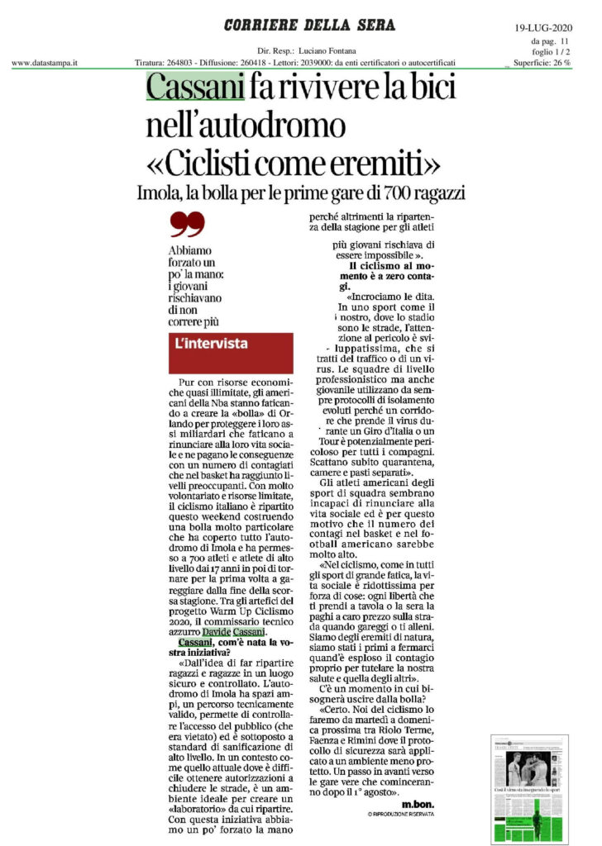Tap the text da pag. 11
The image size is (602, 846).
(551, 40)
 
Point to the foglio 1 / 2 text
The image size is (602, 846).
(552, 52)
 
